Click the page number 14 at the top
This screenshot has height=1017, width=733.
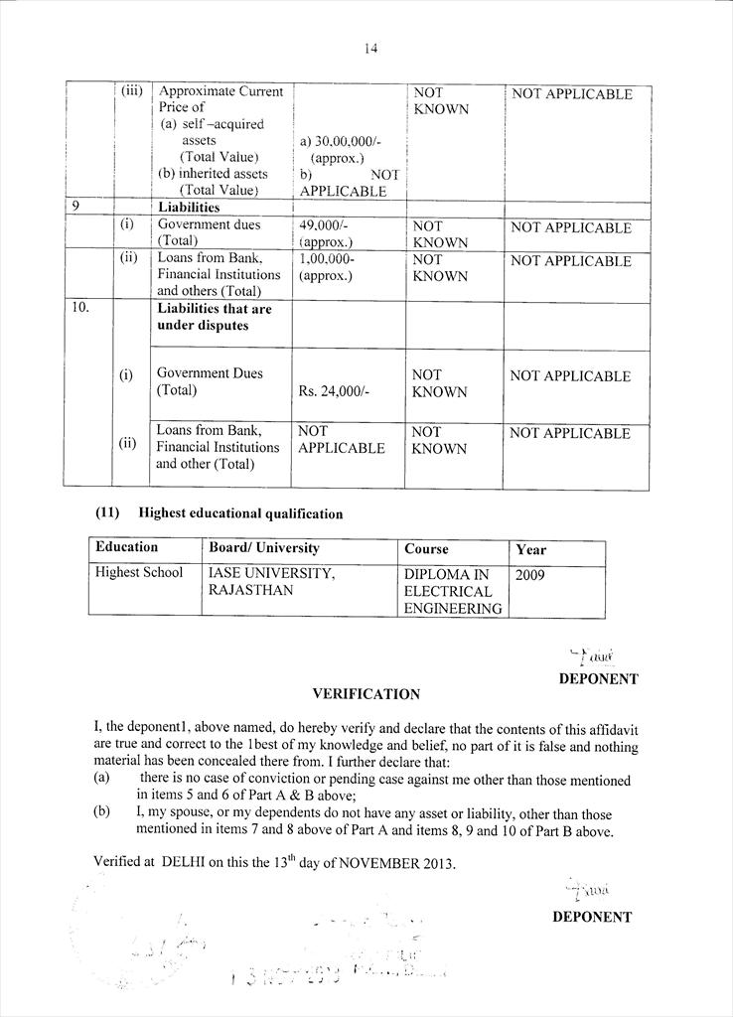[x=370, y=48]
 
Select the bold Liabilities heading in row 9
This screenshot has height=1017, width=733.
[x=189, y=208]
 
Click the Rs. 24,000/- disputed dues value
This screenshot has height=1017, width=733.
[x=334, y=391]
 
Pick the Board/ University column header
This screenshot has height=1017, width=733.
[x=264, y=548]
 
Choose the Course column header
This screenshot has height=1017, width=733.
[x=426, y=549]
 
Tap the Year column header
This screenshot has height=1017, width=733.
[x=531, y=549]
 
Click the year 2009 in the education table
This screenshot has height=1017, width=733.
[x=530, y=574]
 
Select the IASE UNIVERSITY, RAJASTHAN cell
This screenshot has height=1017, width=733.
[x=271, y=582]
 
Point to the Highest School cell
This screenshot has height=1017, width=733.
[x=139, y=573]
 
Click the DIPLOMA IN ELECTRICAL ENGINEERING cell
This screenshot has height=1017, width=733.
[x=453, y=591]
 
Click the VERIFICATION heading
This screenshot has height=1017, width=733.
[x=366, y=694]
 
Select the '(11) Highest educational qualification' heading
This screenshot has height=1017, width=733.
[x=219, y=513]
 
